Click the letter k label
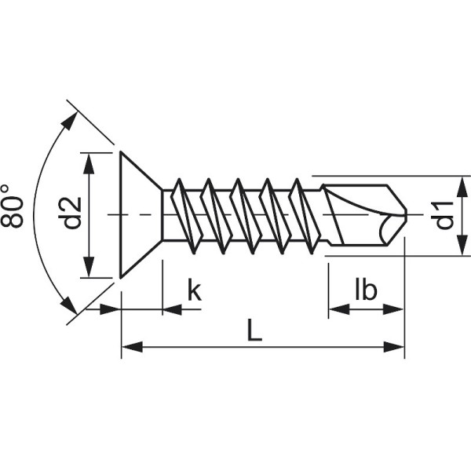[194, 290]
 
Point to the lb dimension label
[366, 290]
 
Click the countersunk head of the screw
[139, 214]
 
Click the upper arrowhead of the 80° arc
[71, 120]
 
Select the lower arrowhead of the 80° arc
[70, 307]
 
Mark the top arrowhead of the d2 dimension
[91, 160]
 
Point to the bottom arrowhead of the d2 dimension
[91, 268]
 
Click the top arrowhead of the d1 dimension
[459, 185]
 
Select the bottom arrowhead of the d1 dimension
[459, 246]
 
